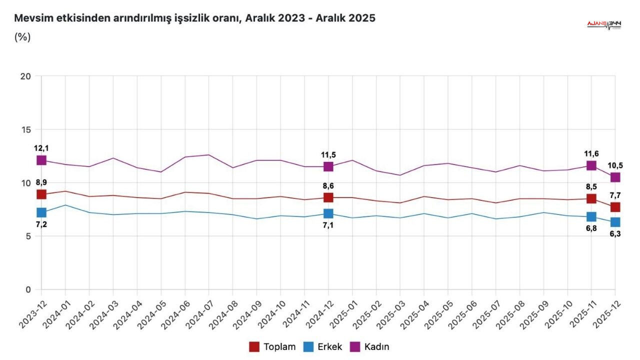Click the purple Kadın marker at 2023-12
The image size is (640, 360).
(x=41, y=160)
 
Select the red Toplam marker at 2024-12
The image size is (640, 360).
(x=328, y=197)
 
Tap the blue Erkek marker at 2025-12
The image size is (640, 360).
(x=615, y=222)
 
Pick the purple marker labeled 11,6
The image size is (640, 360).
(x=591, y=165)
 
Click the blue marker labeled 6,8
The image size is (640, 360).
(x=591, y=216)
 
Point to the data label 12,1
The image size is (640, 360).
(x=41, y=148)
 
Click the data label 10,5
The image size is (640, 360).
(x=615, y=165)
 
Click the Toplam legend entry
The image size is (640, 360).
(x=272, y=346)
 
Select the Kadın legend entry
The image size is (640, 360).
(x=370, y=346)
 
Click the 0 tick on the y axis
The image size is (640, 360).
(x=28, y=289)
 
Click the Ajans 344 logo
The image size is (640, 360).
(x=604, y=25)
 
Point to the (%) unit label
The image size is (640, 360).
(x=22, y=37)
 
